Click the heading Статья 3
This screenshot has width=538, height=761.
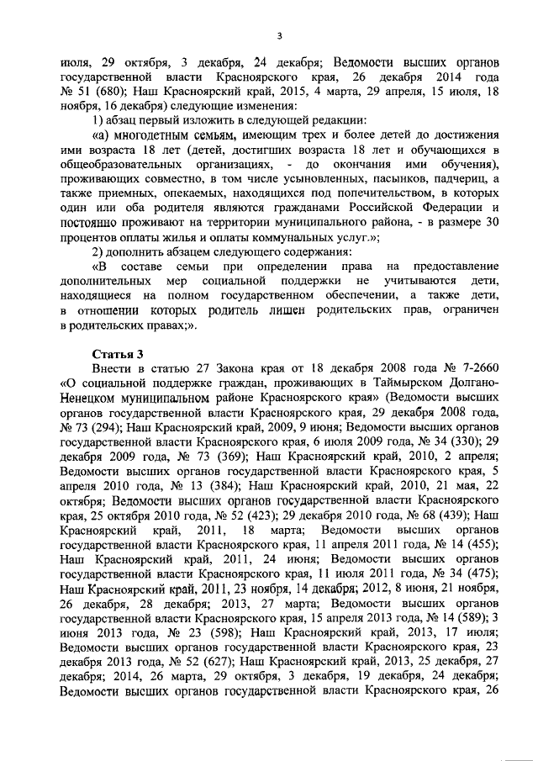pyautogui.click(x=119, y=353)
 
